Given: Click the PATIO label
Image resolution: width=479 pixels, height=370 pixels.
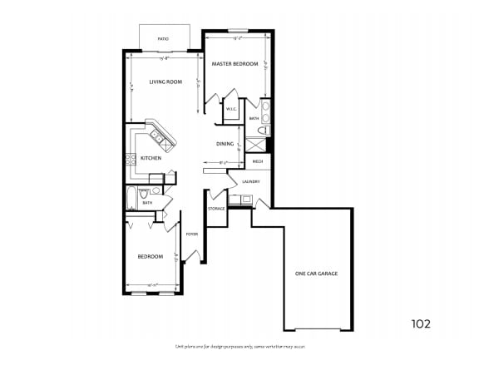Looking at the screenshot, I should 164,38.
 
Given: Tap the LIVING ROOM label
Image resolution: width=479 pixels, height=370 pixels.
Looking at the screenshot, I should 165,81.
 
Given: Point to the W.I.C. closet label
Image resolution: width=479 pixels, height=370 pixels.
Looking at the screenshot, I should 231,109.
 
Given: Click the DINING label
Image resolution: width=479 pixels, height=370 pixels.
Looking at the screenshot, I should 225,144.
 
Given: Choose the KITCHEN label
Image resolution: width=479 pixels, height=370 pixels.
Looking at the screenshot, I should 151,158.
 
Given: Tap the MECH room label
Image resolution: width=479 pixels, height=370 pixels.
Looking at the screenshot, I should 258,160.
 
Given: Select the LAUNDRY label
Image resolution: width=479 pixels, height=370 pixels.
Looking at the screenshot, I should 251,181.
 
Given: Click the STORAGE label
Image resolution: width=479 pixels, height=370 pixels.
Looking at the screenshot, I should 216,209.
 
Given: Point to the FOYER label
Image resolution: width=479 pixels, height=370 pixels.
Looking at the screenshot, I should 191,234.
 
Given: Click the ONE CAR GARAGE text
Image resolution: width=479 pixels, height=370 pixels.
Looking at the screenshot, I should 316,274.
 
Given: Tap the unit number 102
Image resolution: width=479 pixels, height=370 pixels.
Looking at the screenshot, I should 421,323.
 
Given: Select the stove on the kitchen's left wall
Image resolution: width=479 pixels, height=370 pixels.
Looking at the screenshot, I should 131,159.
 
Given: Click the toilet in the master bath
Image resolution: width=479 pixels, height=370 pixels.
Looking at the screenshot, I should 263,131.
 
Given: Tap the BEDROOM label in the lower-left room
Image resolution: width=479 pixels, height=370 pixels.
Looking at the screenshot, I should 150,256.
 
